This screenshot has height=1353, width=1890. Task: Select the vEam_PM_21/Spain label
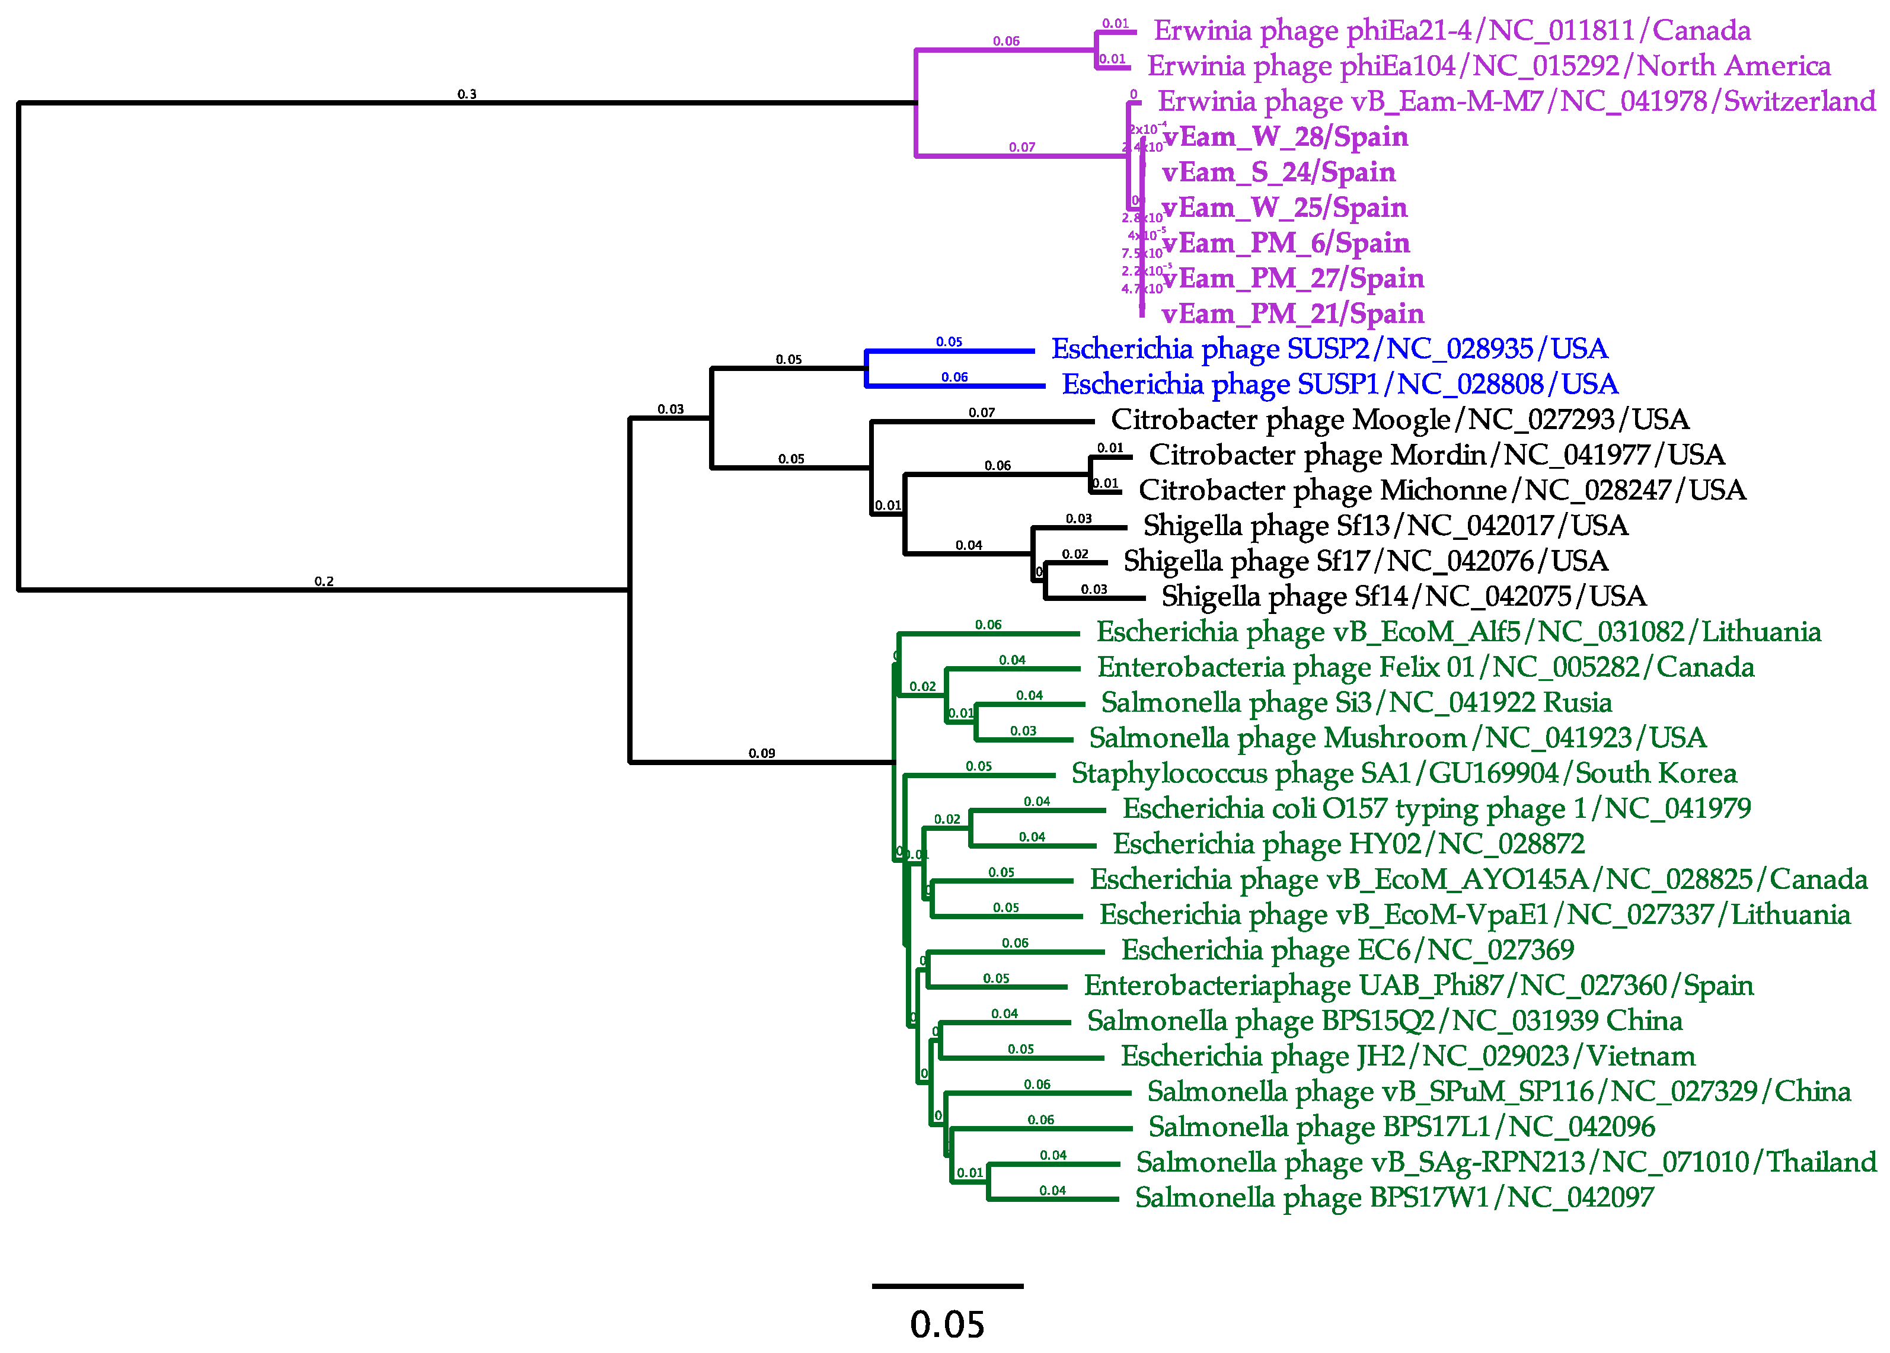pos(1292,314)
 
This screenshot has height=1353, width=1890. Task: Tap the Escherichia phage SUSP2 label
pos(1329,349)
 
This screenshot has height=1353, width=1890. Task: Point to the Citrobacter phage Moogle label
pos(1400,420)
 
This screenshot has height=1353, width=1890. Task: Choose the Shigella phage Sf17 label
pos(1365,562)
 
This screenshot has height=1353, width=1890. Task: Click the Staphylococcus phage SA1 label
pos(1403,774)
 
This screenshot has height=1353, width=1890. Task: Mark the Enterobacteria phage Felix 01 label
pos(1425,667)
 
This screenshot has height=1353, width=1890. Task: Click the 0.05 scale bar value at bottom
pos(947,1325)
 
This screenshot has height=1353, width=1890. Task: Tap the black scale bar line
pos(947,1287)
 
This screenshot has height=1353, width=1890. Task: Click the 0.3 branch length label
pos(467,94)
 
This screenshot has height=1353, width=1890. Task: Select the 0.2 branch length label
pos(324,581)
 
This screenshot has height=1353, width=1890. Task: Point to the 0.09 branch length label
pos(762,753)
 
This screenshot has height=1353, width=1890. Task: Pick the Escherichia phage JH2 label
pos(1407,1057)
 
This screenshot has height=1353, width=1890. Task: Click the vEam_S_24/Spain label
pos(1278,172)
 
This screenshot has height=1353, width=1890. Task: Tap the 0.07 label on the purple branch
pos(1021,148)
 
